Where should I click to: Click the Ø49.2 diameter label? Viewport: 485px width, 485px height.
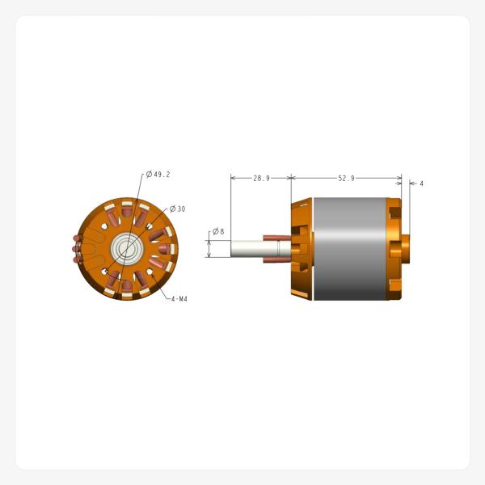(x=158, y=174)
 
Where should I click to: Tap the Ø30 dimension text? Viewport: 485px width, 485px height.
(x=177, y=209)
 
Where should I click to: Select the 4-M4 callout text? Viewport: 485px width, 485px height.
(x=179, y=298)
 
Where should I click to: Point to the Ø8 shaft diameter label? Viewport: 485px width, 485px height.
(x=218, y=232)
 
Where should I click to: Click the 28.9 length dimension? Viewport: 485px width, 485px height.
(x=261, y=178)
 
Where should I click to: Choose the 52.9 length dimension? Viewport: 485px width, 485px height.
(x=346, y=178)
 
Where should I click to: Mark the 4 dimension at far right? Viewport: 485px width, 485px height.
(x=421, y=183)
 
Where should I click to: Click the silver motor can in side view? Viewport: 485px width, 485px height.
(x=348, y=249)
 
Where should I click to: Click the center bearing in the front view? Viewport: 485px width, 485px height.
(x=127, y=249)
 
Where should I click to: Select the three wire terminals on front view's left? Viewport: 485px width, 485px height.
(x=76, y=250)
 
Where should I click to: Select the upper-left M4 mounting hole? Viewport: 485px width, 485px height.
(x=108, y=229)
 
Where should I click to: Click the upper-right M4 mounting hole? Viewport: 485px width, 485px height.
(x=147, y=229)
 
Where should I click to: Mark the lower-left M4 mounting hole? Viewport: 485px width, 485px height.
(x=108, y=269)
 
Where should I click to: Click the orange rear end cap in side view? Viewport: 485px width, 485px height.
(x=394, y=249)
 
